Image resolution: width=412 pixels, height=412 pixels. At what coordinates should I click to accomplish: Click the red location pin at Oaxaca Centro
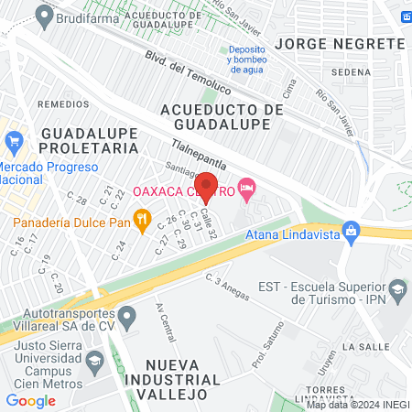pos(206,186)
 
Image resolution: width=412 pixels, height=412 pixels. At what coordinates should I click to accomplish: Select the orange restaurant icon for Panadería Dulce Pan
pos(141,219)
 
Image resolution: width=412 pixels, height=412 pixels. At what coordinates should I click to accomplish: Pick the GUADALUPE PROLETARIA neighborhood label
pos(89,140)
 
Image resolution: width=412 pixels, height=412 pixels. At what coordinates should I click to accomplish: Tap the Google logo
pos(30,400)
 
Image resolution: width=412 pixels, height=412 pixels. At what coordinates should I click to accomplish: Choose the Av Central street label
pos(166,320)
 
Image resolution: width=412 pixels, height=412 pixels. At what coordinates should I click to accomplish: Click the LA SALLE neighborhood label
pos(365,347)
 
